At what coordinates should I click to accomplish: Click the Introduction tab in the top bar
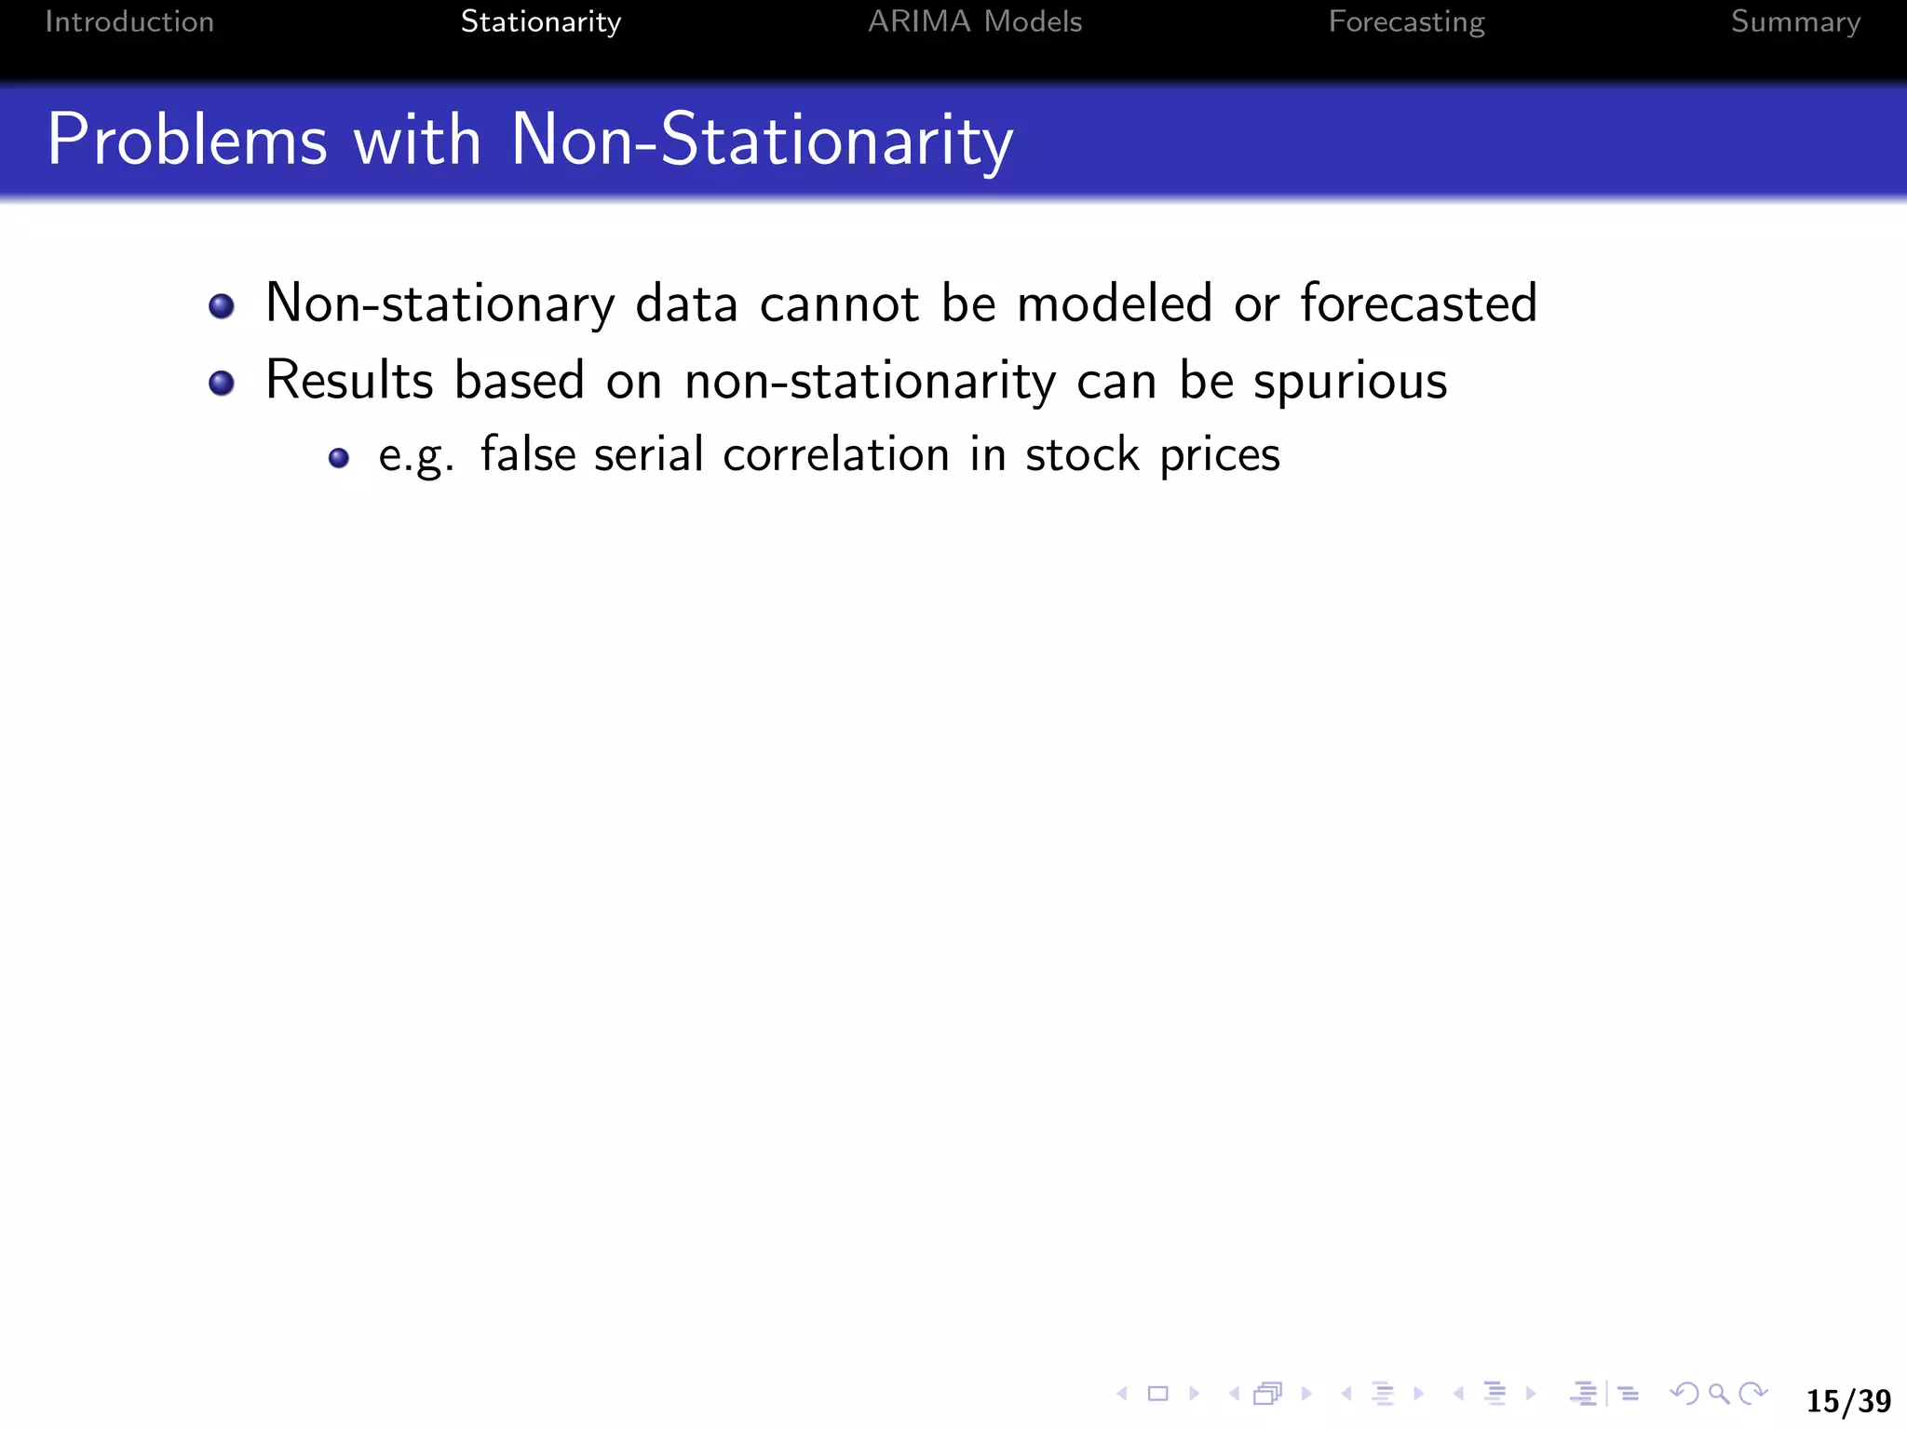pos(129,21)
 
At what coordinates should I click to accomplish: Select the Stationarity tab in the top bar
pos(540,21)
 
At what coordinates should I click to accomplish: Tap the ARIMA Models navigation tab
pos(975,21)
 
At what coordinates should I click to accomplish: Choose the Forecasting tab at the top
pos(1406,21)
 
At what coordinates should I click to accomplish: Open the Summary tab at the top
pos(1795,21)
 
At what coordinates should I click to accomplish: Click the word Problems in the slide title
pos(187,140)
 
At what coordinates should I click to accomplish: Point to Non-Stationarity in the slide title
pos(762,140)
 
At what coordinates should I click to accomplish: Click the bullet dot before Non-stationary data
pos(222,305)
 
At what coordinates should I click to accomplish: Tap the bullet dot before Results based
pos(222,383)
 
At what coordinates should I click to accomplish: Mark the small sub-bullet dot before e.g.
pos(339,457)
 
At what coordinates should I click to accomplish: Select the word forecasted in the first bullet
pos(1418,304)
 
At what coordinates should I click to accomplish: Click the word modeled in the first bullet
pos(1114,304)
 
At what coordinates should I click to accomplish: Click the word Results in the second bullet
pos(349,381)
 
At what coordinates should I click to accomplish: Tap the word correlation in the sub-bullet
pos(836,455)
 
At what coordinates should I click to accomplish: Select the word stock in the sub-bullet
pos(1082,455)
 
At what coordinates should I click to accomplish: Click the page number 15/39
pos(1848,1401)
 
